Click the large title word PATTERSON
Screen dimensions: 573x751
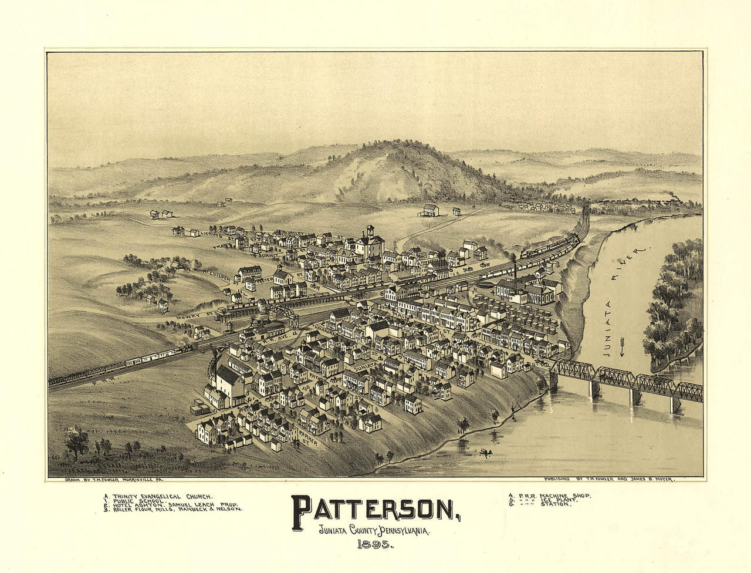[375, 509]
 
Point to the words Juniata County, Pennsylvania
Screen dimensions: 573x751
[374, 531]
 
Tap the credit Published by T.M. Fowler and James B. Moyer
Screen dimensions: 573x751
[610, 480]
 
